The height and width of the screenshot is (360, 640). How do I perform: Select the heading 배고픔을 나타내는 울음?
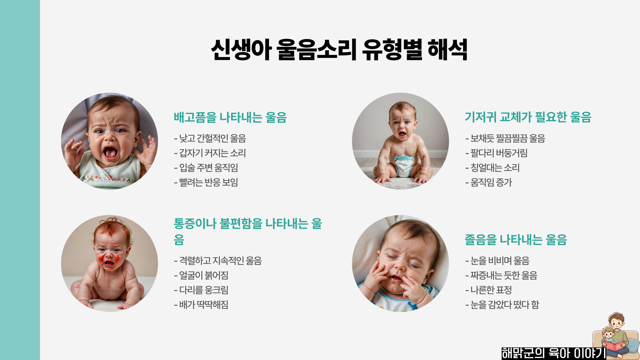click(230, 117)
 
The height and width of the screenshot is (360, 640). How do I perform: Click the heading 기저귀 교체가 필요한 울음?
click(528, 117)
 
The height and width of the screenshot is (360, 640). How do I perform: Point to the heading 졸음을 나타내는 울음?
click(516, 240)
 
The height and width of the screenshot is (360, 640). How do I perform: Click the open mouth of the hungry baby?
click(110, 153)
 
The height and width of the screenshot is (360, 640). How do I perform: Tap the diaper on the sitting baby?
click(403, 166)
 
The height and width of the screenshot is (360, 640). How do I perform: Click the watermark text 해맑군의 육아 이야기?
click(553, 353)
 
